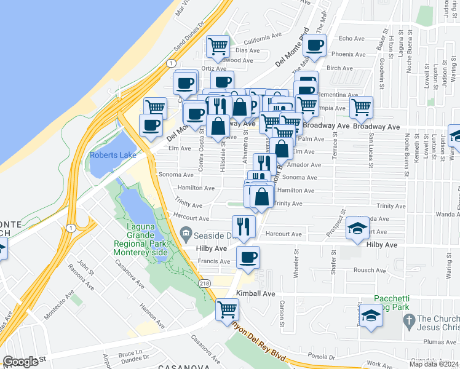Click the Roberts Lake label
[113, 155]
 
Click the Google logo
[20, 362]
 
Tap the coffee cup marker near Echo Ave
[315, 45]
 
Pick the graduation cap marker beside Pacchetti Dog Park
[371, 316]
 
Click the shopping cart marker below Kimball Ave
[227, 309]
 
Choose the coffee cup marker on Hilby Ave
[248, 257]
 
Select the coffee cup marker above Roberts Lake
[151, 125]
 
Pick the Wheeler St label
[296, 264]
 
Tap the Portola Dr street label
[322, 357]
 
